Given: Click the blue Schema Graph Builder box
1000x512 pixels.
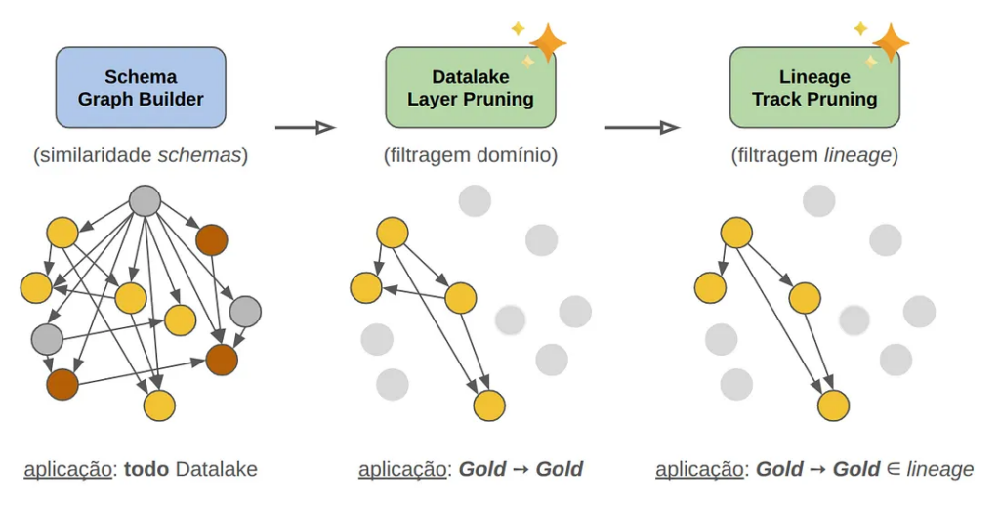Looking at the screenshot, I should coord(141,87).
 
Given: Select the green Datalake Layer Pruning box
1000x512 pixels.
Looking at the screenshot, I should coord(470,87).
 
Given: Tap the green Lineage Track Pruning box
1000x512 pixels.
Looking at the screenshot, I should coord(813,87).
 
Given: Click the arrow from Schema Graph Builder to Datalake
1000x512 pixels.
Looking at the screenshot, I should coord(305,127).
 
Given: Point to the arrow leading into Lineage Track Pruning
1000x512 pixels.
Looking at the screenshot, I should coord(642,127).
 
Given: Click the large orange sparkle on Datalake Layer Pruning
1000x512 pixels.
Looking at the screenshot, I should coord(548,42).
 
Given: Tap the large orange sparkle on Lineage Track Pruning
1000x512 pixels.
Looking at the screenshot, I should coord(891,42).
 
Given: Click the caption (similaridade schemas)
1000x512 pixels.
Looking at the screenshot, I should coord(141,154).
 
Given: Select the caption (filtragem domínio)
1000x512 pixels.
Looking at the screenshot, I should coord(471,154).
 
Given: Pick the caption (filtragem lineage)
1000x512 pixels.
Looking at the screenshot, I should coord(813,154).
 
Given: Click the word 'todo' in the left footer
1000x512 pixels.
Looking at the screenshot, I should coord(146,469).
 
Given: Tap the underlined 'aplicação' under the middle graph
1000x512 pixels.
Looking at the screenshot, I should coord(402,469).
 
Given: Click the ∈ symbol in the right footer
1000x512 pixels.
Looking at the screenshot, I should coord(893,469).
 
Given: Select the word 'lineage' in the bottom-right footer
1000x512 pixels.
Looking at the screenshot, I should coord(939,469).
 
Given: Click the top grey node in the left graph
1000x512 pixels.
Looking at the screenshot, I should coord(145,200).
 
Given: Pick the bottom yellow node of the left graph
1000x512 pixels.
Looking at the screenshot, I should coord(159,405).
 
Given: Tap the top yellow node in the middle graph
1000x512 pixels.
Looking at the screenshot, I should coord(393,233).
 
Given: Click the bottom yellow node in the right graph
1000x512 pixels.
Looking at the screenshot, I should coord(833,405).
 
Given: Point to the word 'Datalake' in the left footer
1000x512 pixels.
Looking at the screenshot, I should coord(217,469).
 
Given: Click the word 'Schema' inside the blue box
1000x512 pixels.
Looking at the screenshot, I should coord(141,76).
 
